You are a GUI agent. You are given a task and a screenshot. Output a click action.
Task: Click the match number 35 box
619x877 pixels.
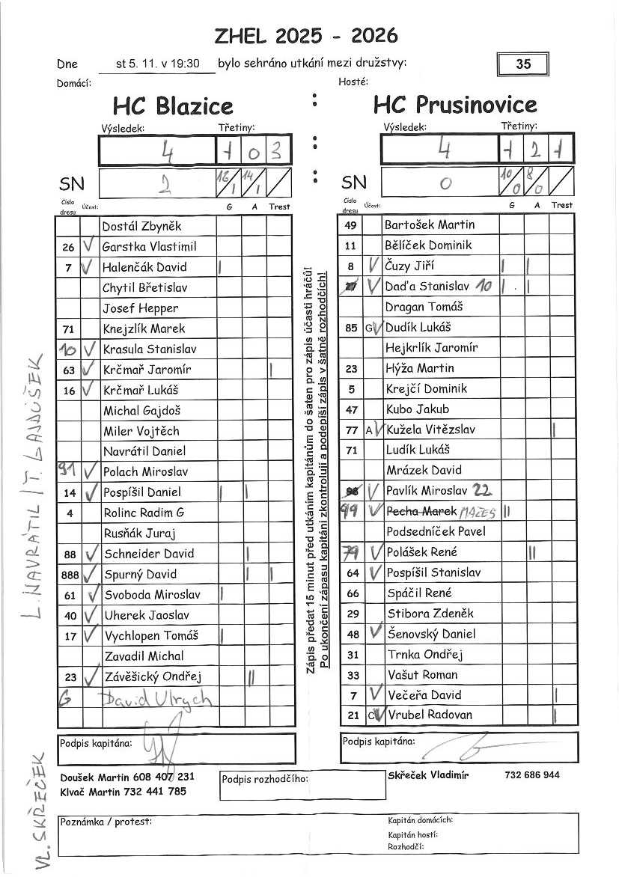pyautogui.click(x=523, y=64)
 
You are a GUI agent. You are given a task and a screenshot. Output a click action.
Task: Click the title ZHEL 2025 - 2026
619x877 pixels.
pyautogui.click(x=305, y=35)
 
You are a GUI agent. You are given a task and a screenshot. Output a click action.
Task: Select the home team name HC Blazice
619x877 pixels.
pyautogui.click(x=173, y=106)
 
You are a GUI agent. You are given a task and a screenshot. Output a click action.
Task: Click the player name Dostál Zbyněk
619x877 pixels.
pyautogui.click(x=142, y=226)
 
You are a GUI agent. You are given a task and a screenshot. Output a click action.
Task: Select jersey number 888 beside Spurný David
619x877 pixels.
pyautogui.click(x=69, y=575)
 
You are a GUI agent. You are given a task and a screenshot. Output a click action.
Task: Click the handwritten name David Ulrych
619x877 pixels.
pyautogui.click(x=157, y=700)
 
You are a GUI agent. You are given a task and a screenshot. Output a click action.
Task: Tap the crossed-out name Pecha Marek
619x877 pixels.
pyautogui.click(x=421, y=511)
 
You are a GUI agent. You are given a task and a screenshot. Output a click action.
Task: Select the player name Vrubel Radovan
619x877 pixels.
pyautogui.click(x=430, y=715)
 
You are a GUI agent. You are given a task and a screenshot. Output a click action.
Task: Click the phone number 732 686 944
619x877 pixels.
pyautogui.click(x=532, y=775)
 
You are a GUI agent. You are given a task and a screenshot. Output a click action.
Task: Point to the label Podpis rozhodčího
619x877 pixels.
pyautogui.click(x=265, y=779)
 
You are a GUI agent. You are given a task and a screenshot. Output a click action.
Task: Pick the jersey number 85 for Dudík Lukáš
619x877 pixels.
pyautogui.click(x=351, y=327)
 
